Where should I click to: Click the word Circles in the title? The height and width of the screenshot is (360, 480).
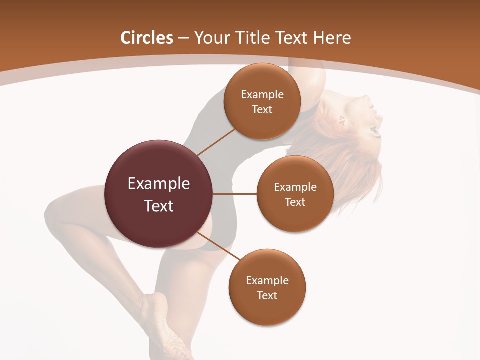coord(146,37)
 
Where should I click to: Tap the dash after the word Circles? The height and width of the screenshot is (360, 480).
coord(183,38)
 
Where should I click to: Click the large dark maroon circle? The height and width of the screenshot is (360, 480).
coord(158,220)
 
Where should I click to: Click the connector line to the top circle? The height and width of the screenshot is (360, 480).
coord(216,142)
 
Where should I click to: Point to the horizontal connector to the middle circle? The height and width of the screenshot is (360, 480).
coord(235,194)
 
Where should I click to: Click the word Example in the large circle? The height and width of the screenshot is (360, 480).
coord(158,183)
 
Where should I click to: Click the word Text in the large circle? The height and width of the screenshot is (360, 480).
coord(158,205)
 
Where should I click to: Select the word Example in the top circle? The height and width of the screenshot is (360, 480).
coord(262,94)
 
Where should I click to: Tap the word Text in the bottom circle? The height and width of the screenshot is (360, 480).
coord(267,295)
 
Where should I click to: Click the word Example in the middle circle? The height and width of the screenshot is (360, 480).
coord(295,187)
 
